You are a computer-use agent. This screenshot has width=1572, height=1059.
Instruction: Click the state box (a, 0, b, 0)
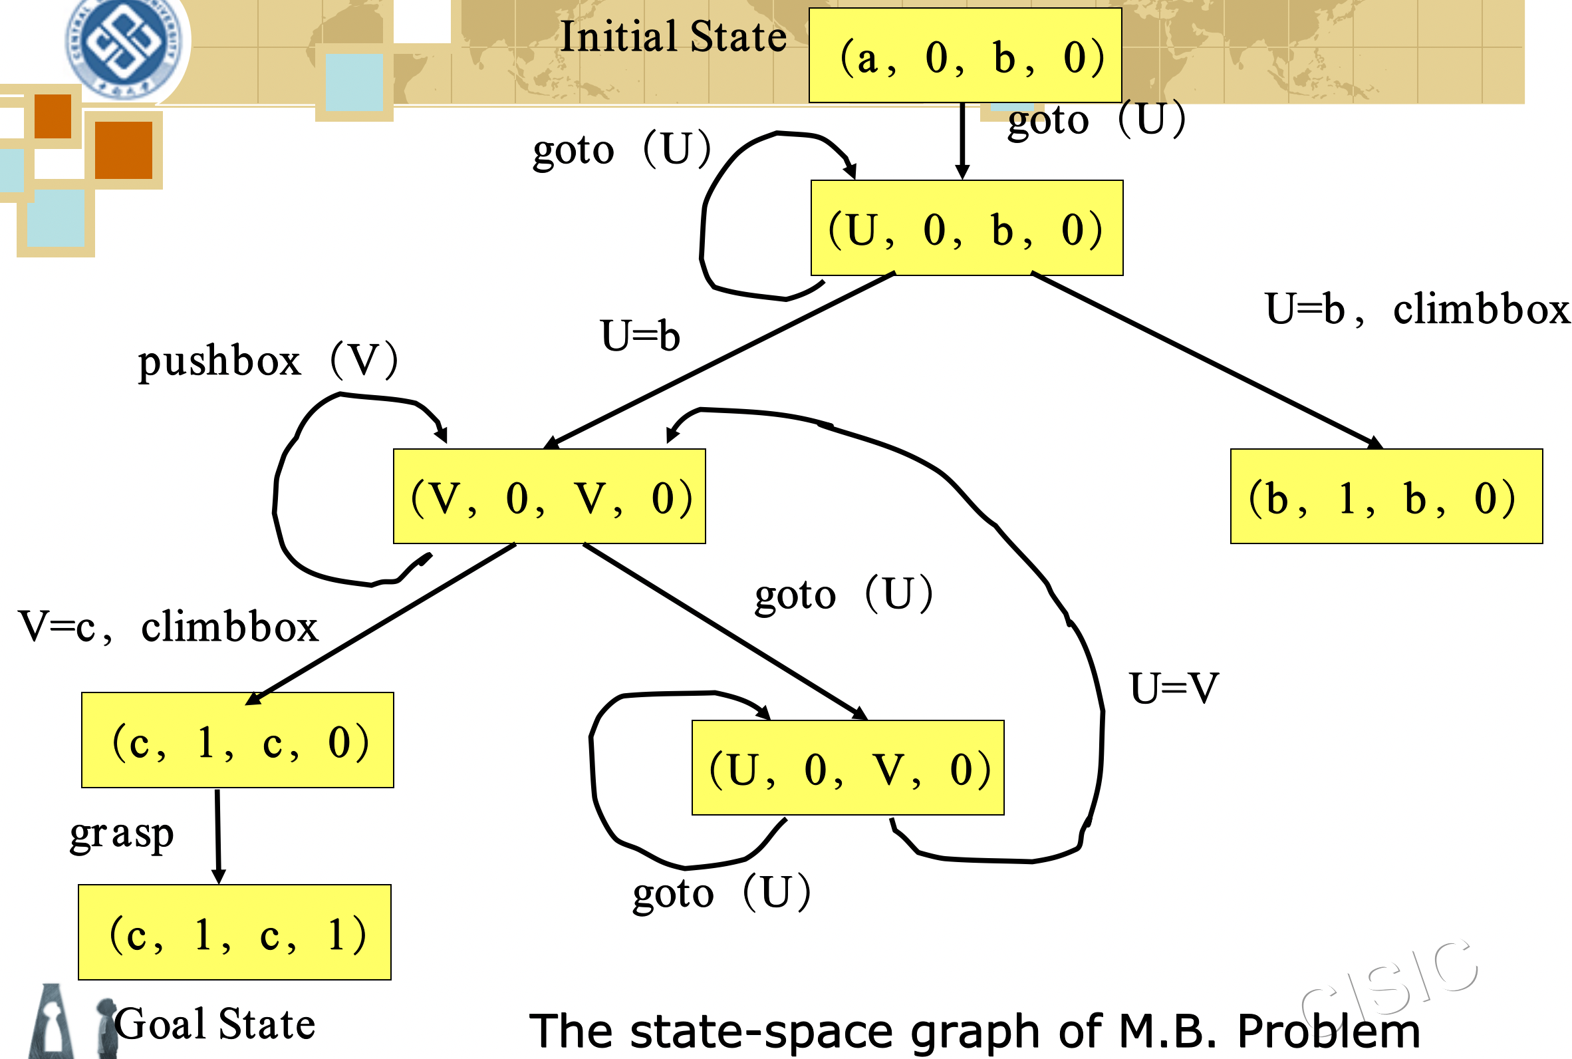click(965, 55)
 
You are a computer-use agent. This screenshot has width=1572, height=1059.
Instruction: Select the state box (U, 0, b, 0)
click(967, 227)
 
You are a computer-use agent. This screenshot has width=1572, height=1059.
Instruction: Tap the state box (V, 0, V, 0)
click(549, 496)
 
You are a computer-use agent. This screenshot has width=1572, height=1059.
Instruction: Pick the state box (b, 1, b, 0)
click(1386, 496)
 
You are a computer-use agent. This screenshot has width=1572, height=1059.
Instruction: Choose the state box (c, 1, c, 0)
click(237, 740)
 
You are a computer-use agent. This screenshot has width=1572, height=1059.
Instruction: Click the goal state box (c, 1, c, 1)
click(235, 933)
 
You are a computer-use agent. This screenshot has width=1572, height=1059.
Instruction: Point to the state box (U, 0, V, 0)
click(848, 768)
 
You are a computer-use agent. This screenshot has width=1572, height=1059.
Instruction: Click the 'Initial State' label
click(674, 37)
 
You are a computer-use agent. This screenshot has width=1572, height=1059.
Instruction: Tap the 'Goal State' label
click(215, 1024)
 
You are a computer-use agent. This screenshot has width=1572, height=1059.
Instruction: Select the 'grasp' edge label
click(122, 835)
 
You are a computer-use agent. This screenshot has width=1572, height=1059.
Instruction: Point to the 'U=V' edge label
click(1174, 689)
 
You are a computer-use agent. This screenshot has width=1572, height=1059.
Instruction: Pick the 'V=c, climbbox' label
click(169, 627)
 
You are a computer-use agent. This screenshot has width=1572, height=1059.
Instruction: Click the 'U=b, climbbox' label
click(1418, 309)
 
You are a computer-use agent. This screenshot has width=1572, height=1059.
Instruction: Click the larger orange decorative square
click(124, 150)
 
